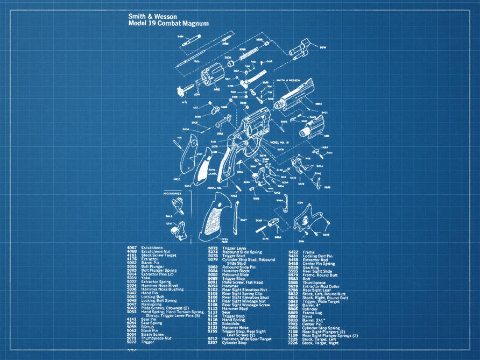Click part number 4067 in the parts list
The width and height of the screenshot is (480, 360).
click(131, 248)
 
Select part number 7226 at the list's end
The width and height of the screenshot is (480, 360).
click(293, 343)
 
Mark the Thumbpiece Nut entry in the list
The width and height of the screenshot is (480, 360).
click(156, 338)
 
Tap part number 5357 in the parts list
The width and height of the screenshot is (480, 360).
click(213, 342)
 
